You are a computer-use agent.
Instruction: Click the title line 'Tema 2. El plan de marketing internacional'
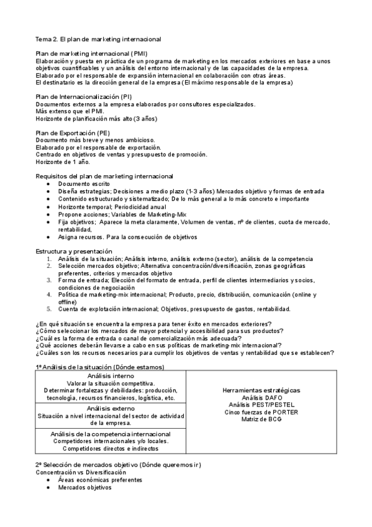(98, 39)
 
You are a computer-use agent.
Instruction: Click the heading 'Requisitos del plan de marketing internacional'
(105, 176)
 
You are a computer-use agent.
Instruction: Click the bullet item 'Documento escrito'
(84, 184)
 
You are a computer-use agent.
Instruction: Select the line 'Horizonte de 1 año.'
(63, 162)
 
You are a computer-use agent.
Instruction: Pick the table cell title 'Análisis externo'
(110, 408)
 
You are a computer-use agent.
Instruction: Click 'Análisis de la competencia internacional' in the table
(110, 433)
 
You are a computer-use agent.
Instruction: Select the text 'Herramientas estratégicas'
(261, 390)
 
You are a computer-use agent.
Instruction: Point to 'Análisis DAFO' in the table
(261, 397)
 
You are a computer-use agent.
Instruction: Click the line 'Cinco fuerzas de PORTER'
(261, 412)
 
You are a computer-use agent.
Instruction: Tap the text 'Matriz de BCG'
(261, 419)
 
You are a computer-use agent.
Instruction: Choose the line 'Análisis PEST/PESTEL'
(261, 405)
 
